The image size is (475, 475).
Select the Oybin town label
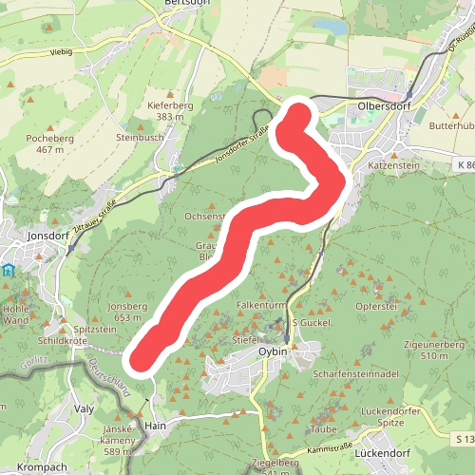[x=274, y=351]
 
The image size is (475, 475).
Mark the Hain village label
[x=155, y=427]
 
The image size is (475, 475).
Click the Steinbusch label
[x=140, y=137]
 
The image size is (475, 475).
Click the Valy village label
[x=85, y=408]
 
